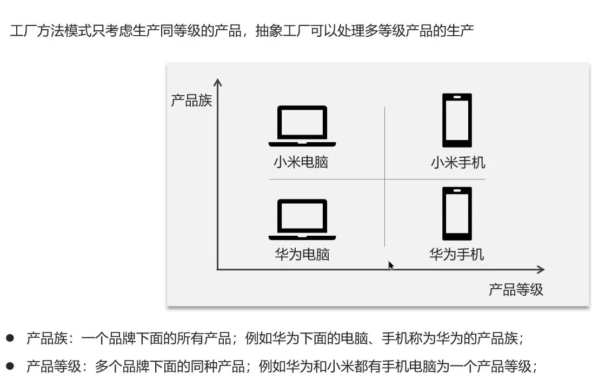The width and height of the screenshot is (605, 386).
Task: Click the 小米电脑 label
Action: [301, 162]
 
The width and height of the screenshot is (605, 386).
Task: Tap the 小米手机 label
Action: [458, 162]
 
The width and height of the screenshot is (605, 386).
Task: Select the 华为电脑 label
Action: [302, 254]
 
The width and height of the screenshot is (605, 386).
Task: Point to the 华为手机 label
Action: [457, 254]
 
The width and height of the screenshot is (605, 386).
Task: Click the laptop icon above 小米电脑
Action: [302, 126]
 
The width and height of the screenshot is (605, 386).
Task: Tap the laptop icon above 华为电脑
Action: [302, 219]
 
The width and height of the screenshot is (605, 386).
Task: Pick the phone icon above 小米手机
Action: [457, 120]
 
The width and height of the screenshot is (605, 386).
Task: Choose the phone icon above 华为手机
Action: [457, 214]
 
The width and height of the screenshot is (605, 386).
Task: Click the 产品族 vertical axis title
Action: [191, 101]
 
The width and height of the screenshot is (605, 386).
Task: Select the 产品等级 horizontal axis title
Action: [516, 290]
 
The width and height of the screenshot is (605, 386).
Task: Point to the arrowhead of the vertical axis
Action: [218, 82]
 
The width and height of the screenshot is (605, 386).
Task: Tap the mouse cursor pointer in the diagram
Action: [390, 265]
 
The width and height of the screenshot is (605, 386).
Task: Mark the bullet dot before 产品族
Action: [10, 338]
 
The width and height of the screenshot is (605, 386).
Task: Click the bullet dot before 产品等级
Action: [10, 366]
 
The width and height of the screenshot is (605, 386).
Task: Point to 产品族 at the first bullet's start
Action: [47, 339]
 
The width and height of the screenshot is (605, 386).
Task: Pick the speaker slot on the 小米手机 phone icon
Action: [457, 97]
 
